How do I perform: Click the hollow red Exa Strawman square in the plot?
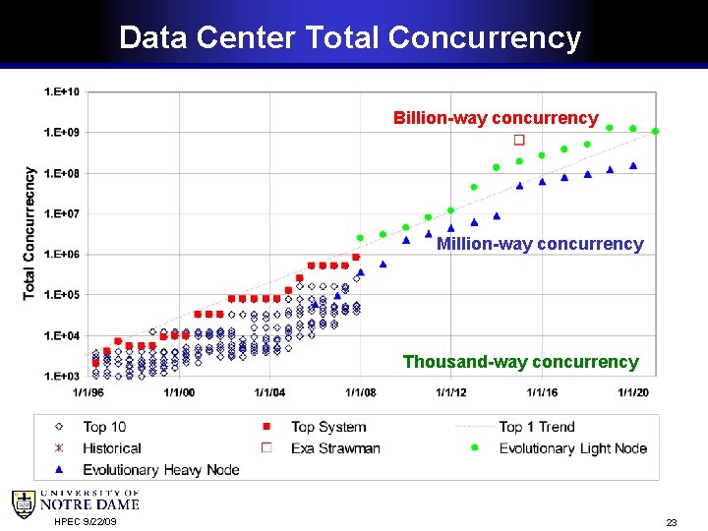[519, 140]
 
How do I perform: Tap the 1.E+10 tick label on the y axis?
[62, 92]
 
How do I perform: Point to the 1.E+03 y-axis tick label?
[62, 376]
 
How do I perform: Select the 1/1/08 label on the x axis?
[360, 392]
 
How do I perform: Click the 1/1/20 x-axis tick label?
[633, 392]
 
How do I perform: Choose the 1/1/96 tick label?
[88, 392]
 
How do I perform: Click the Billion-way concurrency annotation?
[496, 118]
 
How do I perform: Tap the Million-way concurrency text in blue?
[540, 244]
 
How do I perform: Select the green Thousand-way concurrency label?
[521, 362]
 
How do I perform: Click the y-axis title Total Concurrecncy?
[29, 233]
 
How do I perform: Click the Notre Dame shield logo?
[24, 504]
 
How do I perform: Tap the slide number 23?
[672, 522]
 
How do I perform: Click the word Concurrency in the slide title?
[485, 38]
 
